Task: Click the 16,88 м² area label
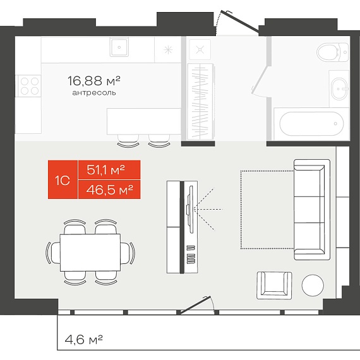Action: coord(94,81)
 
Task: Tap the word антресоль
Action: coord(94,93)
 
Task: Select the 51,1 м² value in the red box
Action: coord(105,170)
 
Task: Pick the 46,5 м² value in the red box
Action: coord(109,190)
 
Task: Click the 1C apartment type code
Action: coord(63,181)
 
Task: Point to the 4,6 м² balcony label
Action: coord(83,339)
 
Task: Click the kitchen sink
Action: coord(119,47)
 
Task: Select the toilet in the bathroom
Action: coord(333,52)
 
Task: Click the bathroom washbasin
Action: coord(340,89)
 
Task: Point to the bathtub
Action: coord(311,124)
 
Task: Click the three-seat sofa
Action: coord(312,210)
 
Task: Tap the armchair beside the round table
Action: coord(274,285)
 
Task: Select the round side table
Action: coord(313,285)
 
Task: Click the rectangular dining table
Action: coord(90,253)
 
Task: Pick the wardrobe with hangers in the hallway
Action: coord(201,101)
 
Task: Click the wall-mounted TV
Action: coord(190,209)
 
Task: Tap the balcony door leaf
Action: coord(196,305)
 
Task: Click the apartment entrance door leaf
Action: coord(239,21)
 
